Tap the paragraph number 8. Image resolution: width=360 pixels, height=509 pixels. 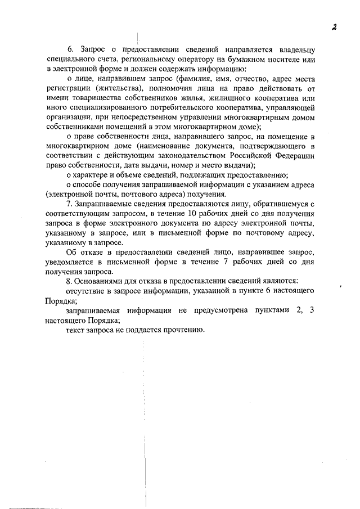tap(69, 280)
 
